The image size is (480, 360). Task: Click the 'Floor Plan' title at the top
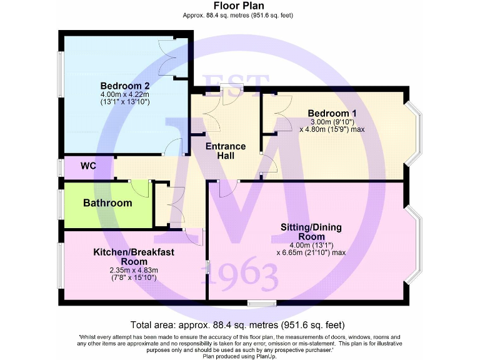[x=239, y=6]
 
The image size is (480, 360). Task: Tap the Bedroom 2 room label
[x=125, y=86]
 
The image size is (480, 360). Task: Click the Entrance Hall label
[x=226, y=151]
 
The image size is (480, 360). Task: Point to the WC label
[x=88, y=167]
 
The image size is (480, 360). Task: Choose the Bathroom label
[x=107, y=203]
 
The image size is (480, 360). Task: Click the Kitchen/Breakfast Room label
[x=134, y=257]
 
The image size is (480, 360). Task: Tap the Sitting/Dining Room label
[x=311, y=232]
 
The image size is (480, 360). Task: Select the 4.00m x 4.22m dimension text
[x=125, y=94]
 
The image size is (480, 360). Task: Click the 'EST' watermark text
[x=236, y=84]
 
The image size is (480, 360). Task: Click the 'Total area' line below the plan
[x=237, y=325]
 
